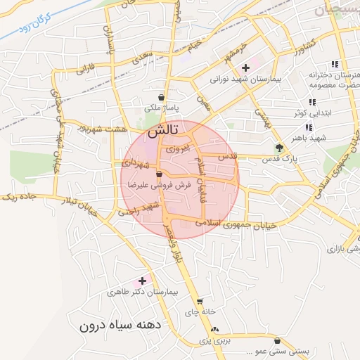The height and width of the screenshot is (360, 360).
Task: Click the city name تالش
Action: point(164,131)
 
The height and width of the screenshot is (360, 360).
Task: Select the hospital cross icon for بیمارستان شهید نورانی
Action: point(245,68)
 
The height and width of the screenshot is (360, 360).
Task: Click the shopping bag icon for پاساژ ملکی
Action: point(162,97)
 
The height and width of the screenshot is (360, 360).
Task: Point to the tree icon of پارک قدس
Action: point(280,148)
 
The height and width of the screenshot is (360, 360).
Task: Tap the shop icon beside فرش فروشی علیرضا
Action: point(160,174)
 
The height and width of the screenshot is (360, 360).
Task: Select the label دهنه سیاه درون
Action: point(120,326)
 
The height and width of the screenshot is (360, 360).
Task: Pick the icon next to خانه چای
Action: point(200,302)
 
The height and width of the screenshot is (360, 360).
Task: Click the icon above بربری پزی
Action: point(214,329)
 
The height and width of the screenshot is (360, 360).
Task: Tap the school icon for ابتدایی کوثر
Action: point(312,102)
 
